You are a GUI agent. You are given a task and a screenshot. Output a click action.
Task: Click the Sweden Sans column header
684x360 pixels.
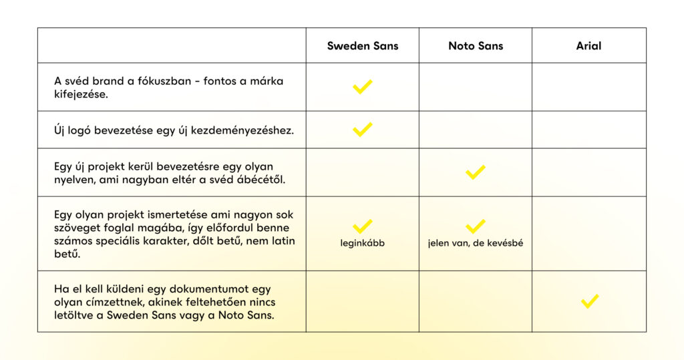363,46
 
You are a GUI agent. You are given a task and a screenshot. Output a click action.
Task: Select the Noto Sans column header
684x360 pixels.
476,46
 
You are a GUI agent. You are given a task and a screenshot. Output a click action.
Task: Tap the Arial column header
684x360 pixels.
589,46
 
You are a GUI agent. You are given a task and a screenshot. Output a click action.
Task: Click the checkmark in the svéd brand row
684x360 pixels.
363,87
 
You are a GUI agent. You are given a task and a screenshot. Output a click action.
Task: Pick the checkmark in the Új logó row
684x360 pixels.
363,130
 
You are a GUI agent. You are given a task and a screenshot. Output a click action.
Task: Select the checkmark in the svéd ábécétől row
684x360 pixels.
476,172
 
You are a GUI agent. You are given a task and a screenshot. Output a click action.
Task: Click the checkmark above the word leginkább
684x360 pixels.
363,226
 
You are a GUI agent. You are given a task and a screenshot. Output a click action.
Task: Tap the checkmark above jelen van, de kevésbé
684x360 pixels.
476,226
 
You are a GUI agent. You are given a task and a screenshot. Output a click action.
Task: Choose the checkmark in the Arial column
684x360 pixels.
589,301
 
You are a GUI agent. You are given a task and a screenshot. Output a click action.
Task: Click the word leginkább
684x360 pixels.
363,243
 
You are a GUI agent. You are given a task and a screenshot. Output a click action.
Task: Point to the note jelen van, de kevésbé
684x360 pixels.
476,243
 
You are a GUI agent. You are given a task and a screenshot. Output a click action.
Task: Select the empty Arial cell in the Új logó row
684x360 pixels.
589,130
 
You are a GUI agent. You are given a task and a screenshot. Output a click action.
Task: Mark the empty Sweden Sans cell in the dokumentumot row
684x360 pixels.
363,301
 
